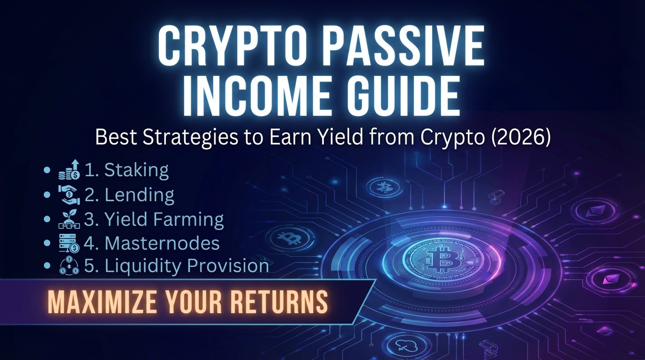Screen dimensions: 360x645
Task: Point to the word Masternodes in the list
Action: click(x=162, y=243)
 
